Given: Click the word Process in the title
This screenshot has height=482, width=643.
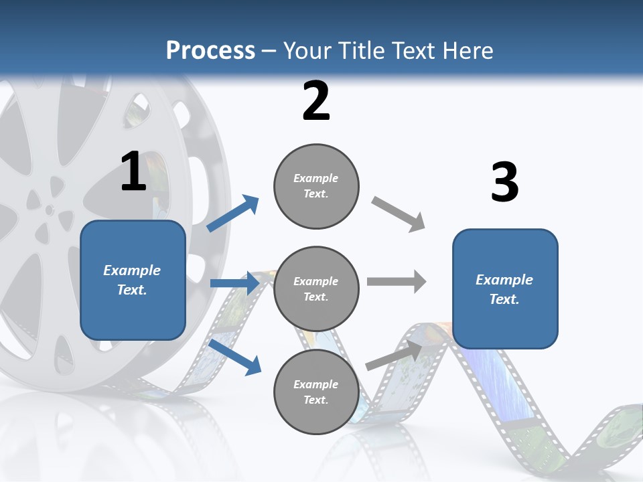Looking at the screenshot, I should pyautogui.click(x=210, y=51).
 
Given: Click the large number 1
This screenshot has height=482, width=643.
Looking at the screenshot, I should pyautogui.click(x=133, y=171).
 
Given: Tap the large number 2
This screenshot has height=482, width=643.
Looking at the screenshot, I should pyautogui.click(x=316, y=101).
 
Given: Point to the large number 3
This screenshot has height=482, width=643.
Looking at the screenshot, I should pyautogui.click(x=504, y=182).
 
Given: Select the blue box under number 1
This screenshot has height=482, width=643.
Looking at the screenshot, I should pyautogui.click(x=133, y=280).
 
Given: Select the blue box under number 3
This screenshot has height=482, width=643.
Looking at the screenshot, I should pyautogui.click(x=505, y=289).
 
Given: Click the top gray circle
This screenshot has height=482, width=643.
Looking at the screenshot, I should pyautogui.click(x=316, y=186).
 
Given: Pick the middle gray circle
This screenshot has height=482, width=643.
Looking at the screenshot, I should pyautogui.click(x=316, y=289).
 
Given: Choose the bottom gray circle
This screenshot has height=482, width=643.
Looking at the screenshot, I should pyautogui.click(x=316, y=392).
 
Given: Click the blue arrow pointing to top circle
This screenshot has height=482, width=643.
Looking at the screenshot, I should pyautogui.click(x=232, y=214).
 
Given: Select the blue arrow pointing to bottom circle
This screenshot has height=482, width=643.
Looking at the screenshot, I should pyautogui.click(x=235, y=357).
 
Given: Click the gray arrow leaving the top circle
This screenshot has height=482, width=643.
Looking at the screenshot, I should pyautogui.click(x=399, y=214).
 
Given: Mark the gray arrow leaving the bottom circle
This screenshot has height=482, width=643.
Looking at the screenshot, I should pyautogui.click(x=395, y=355).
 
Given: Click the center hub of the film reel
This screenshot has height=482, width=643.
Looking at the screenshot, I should pyautogui.click(x=49, y=210).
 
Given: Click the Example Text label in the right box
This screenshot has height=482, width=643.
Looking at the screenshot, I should pyautogui.click(x=504, y=289).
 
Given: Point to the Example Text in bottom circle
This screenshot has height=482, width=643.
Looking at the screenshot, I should pyautogui.click(x=316, y=392).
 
